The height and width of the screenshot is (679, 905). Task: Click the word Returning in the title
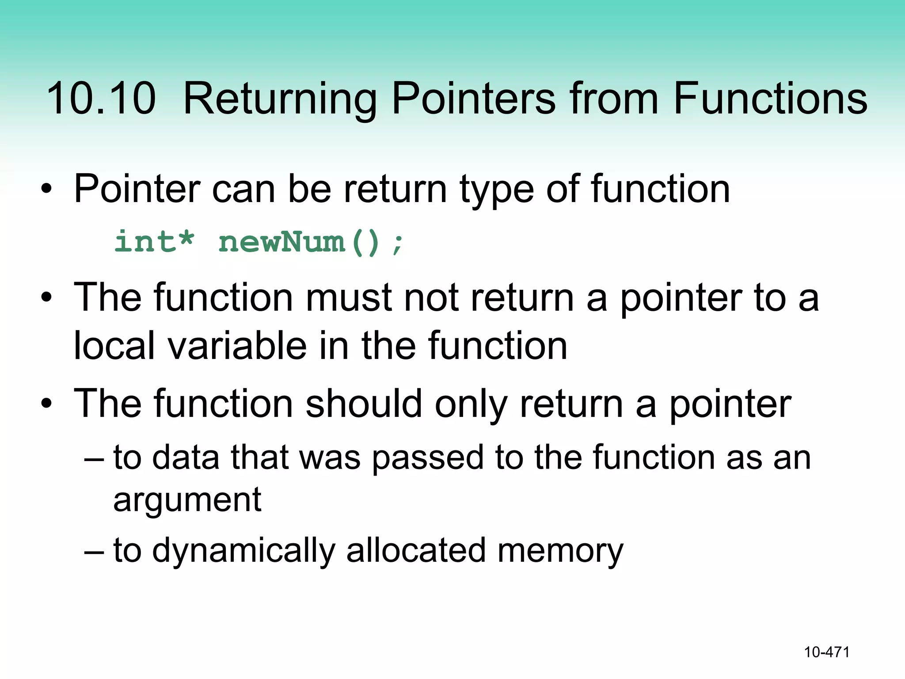point(280,99)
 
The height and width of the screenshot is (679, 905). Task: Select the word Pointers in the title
point(473,98)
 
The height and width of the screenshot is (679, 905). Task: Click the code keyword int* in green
point(154,242)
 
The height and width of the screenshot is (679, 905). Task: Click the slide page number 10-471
point(827,652)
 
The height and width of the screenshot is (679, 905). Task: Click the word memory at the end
point(560,552)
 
